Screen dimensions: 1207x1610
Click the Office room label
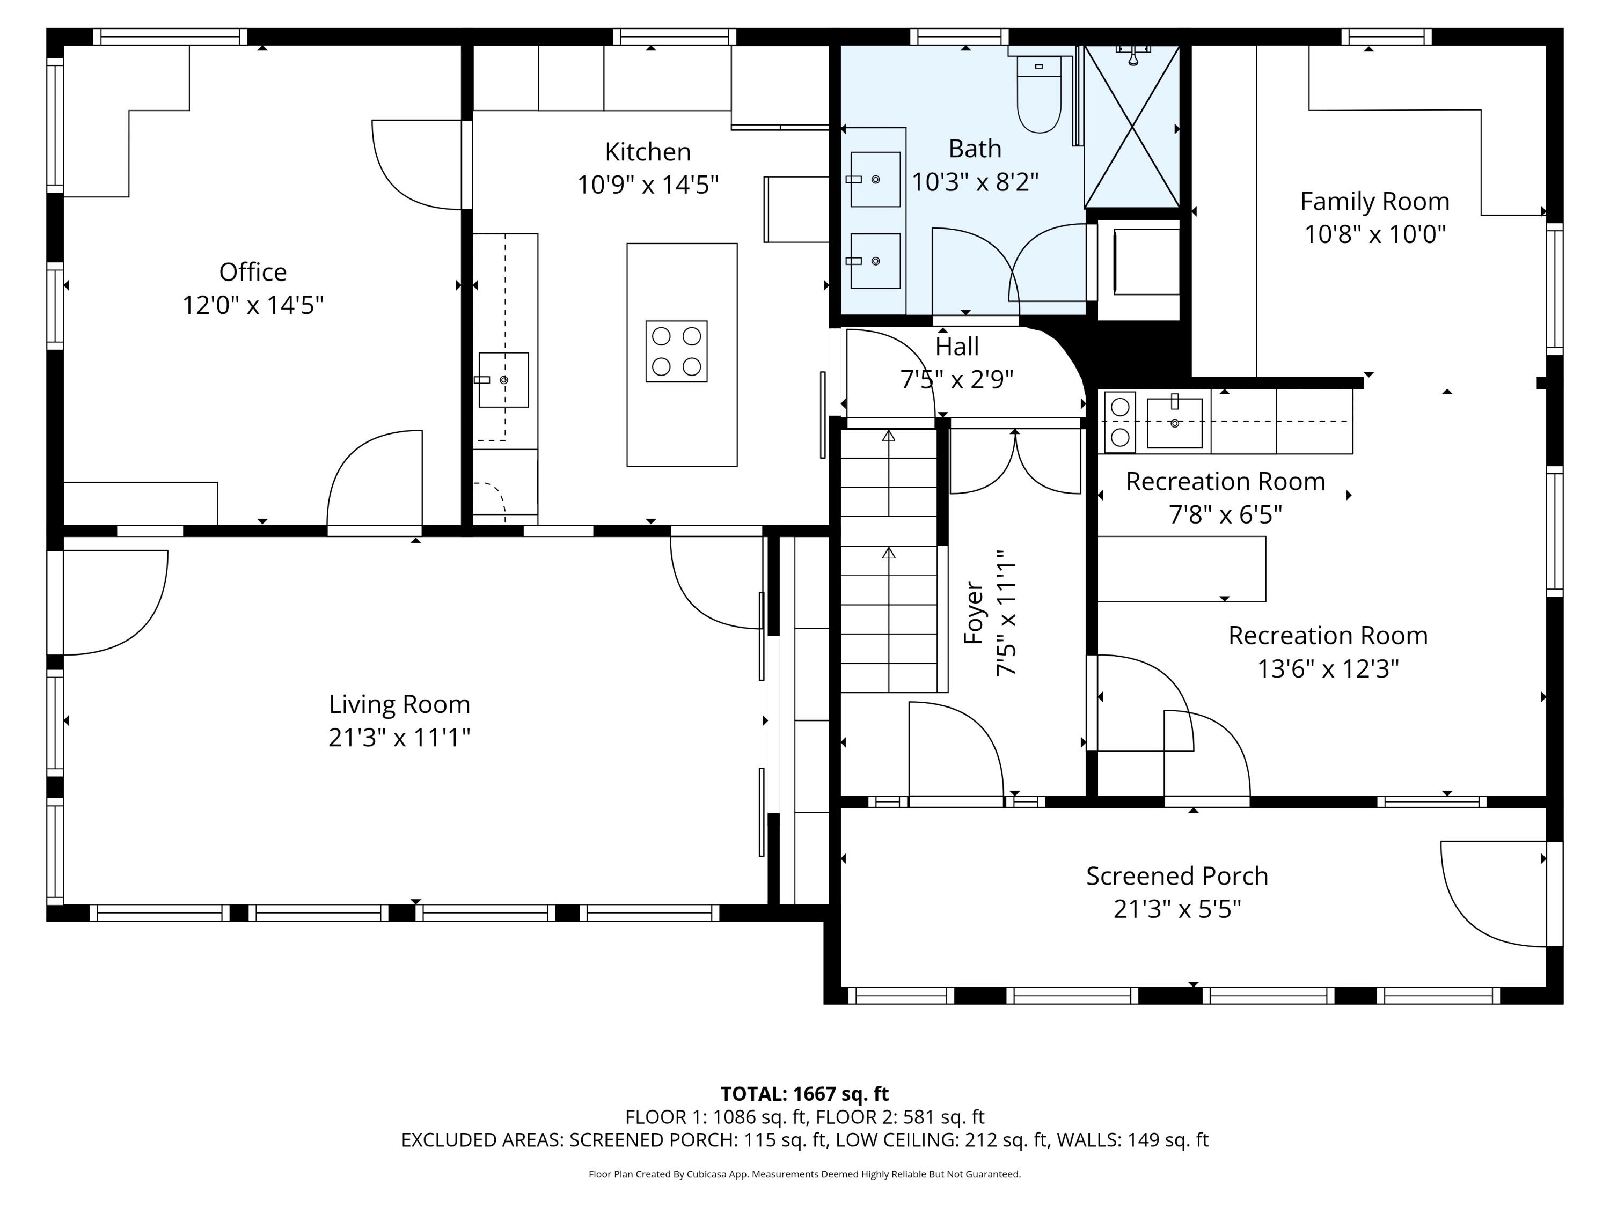(x=253, y=272)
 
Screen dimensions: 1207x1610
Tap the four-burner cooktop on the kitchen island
(x=676, y=351)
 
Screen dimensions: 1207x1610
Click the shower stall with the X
(x=1132, y=127)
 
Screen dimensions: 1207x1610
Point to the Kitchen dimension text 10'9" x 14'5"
(x=647, y=185)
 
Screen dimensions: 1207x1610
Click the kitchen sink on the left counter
(x=503, y=380)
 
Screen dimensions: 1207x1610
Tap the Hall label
(x=956, y=347)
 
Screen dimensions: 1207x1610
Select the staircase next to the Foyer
(x=889, y=560)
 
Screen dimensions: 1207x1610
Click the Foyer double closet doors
(x=1015, y=462)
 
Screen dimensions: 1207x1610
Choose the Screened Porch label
(x=1176, y=876)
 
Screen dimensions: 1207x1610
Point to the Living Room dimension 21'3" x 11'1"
(x=399, y=738)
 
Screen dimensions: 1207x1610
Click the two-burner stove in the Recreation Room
(x=1119, y=422)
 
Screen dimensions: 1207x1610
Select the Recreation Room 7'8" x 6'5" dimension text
(x=1225, y=515)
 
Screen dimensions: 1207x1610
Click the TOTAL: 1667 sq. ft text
(x=804, y=1093)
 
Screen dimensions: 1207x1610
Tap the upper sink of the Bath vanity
(x=875, y=179)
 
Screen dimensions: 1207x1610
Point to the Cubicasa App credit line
(x=804, y=1174)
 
